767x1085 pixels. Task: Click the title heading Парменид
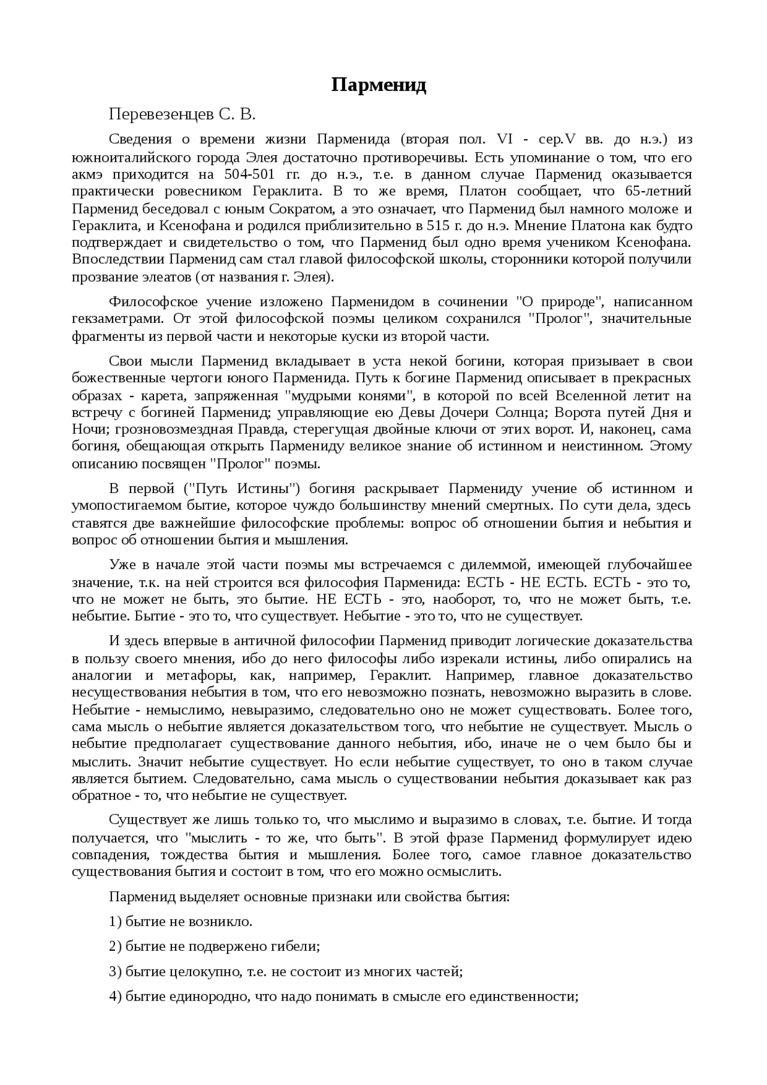(379, 86)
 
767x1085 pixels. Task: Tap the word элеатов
(161, 277)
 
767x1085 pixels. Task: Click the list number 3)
(116, 971)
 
